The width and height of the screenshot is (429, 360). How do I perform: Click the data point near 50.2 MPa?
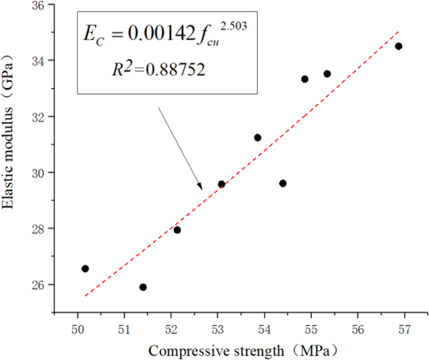(x=85, y=268)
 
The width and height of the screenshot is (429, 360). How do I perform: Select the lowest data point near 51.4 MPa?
(x=143, y=287)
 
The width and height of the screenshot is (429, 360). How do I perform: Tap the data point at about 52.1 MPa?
(x=177, y=230)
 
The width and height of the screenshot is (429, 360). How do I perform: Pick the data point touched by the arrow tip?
(x=221, y=184)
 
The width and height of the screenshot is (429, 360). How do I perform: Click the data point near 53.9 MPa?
(x=257, y=138)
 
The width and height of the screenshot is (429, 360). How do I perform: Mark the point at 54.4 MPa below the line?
(x=283, y=183)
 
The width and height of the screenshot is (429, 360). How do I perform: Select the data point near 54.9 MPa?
(x=305, y=79)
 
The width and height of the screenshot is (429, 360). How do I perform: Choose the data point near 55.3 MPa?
(x=327, y=74)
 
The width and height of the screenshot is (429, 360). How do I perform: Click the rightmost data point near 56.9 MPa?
(x=399, y=46)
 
